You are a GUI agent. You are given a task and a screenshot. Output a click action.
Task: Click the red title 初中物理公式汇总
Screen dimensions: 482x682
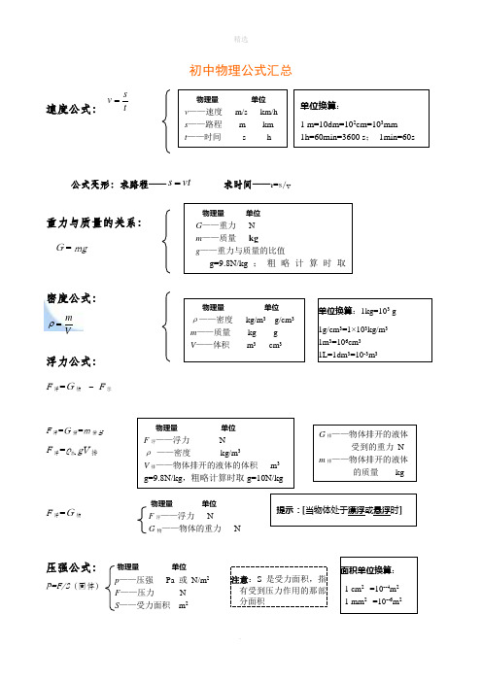241,70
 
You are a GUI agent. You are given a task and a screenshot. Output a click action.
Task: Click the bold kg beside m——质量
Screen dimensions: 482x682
254,238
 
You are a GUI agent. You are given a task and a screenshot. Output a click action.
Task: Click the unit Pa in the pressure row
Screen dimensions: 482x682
172,580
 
